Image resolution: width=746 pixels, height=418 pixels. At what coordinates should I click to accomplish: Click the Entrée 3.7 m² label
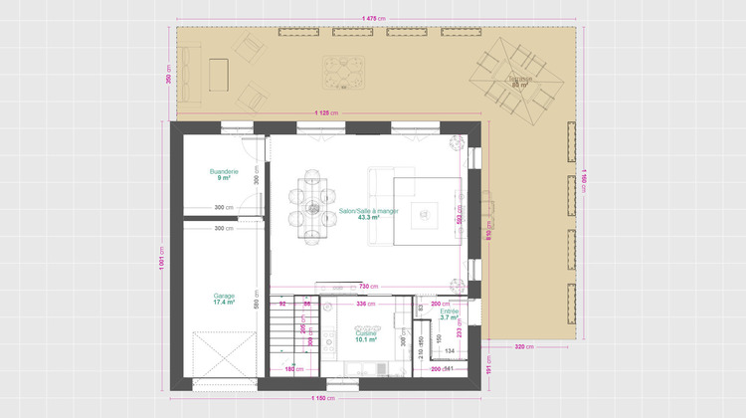click(x=449, y=314)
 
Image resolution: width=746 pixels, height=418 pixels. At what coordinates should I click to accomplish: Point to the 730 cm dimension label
click(x=368, y=287)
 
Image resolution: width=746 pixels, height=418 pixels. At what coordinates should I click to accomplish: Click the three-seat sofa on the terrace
click(x=218, y=73)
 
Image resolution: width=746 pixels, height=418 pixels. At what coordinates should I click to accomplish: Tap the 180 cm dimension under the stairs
click(x=293, y=369)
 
